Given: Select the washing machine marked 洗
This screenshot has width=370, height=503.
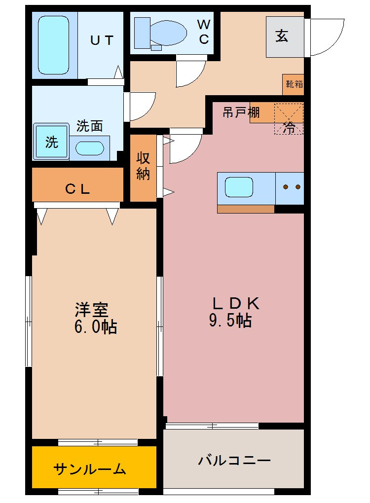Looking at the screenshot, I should pos(51,143).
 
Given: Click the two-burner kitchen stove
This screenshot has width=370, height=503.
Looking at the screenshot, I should pos(290,187).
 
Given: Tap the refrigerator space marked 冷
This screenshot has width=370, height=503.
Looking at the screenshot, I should pos(289,118).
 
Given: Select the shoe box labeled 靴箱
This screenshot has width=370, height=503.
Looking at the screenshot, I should pos(294,84).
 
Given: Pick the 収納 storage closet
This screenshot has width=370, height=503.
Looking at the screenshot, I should pos(143,167).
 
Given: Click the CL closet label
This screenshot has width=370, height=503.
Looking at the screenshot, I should pos(77,188).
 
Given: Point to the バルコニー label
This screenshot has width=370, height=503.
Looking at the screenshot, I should pos(234,461).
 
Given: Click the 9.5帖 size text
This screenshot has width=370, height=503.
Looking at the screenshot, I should pos(231,321).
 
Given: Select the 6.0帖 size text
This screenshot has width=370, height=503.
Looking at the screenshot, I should pos(96,327).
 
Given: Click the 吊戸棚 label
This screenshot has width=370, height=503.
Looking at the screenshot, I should pos(241,113).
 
